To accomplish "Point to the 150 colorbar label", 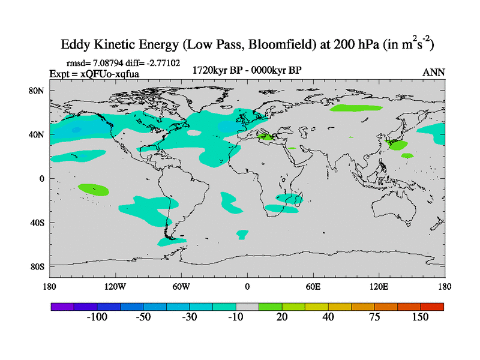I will (420, 317).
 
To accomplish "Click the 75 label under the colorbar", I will (374, 317).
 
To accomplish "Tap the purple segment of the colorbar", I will (62, 306).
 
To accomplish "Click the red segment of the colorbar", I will (432, 306).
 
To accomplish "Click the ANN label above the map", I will (434, 72).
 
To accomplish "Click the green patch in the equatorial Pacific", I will (94, 189).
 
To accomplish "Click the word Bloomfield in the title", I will (257, 44).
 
